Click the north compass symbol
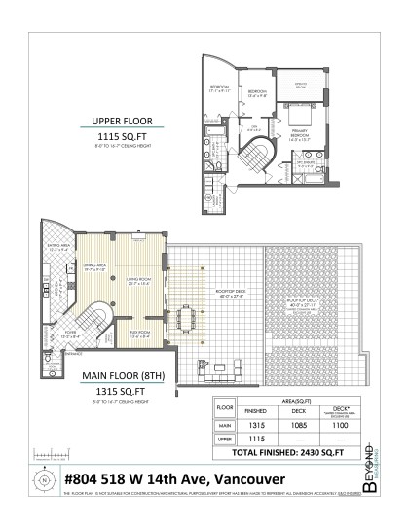pos(43,479)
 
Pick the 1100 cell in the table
pos(342,425)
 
